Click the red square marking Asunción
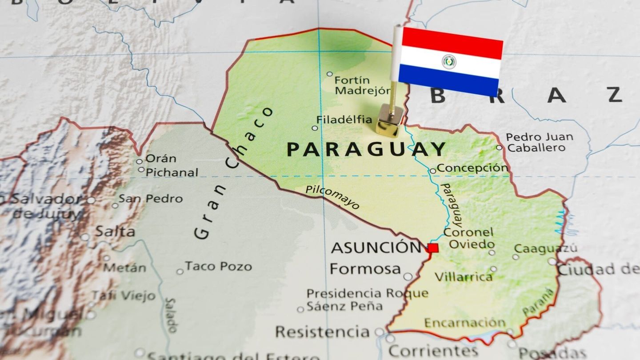(433, 248)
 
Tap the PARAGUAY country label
(366, 149)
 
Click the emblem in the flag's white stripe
(449, 61)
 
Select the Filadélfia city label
(344, 120)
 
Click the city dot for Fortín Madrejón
(329, 74)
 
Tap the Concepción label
(472, 168)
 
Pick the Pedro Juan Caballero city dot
(499, 148)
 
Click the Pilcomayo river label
(332, 196)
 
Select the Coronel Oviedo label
(468, 238)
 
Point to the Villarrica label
(464, 277)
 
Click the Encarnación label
(464, 323)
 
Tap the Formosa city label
(365, 269)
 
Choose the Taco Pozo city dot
(180, 271)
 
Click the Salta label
(115, 232)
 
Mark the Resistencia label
(322, 332)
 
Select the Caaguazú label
(546, 248)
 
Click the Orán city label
(160, 158)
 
